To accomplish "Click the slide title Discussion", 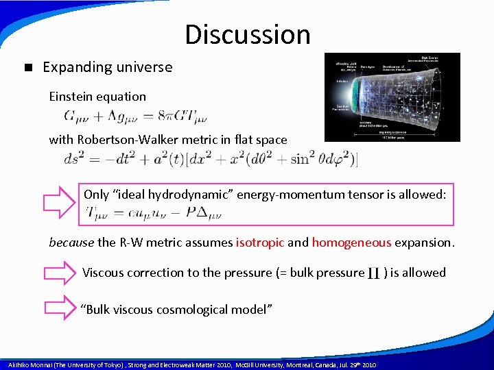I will pyautogui.click(x=247, y=34).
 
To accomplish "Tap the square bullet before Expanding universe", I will pyautogui.click(x=27, y=68).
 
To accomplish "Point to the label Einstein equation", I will pyautogui.click(x=97, y=97).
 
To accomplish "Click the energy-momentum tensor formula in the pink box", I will pyautogui.click(x=154, y=214).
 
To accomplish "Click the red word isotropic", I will pyautogui.click(x=261, y=242).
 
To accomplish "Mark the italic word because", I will pyautogui.click(x=71, y=242).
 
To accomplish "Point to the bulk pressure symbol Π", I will pyautogui.click(x=375, y=273).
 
